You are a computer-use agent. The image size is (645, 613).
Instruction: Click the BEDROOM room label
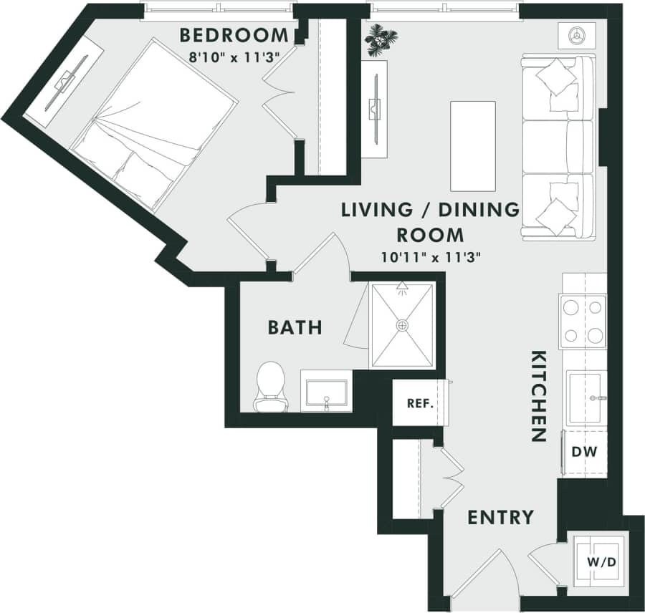[x=234, y=34]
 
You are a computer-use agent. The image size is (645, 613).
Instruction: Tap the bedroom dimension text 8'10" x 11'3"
[x=234, y=54]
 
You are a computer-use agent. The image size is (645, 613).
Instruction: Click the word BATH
[x=295, y=328]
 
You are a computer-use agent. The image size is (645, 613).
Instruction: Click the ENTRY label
[x=500, y=517]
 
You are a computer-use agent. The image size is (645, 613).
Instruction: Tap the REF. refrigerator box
[x=421, y=403]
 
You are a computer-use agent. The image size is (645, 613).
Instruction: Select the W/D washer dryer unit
[x=601, y=562]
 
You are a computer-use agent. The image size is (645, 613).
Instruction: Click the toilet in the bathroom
[x=271, y=387]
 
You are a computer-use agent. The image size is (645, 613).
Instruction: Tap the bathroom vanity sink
[x=326, y=392]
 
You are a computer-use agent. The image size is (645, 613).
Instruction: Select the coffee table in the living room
[x=472, y=146]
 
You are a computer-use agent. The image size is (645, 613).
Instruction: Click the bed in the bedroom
[x=154, y=125]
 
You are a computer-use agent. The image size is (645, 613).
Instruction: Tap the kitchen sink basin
[x=586, y=398]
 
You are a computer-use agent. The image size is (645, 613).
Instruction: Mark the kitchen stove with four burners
[x=583, y=321]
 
